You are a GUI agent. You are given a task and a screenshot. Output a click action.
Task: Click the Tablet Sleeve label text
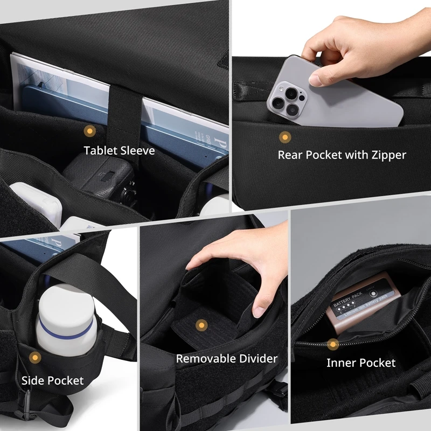pyautogui.click(x=119, y=150)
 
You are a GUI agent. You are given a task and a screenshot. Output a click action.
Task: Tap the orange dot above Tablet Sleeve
pyautogui.click(x=89, y=130)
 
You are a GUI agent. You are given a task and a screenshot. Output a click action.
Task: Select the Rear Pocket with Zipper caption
pyautogui.click(x=342, y=155)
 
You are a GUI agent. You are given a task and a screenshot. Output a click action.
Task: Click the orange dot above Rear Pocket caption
pyautogui.click(x=284, y=137)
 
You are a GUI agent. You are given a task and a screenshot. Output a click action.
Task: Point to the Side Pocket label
pyautogui.click(x=52, y=380)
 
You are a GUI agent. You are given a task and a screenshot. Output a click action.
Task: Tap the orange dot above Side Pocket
pyautogui.click(x=36, y=358)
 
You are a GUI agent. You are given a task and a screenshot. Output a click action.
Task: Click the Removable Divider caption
pyautogui.click(x=227, y=358)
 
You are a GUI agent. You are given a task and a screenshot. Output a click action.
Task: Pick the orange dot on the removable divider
pyautogui.click(x=201, y=325)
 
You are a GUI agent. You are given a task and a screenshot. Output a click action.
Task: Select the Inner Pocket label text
pyautogui.click(x=360, y=363)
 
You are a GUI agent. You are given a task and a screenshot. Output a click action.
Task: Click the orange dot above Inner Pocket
pyautogui.click(x=333, y=343)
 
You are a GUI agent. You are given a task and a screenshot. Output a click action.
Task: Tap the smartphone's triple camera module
pyautogui.click(x=286, y=97)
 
